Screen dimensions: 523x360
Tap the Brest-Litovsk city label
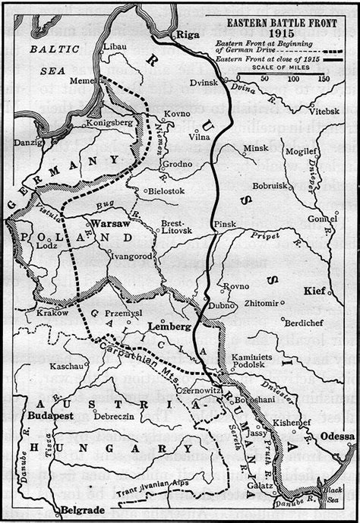[176, 228]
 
